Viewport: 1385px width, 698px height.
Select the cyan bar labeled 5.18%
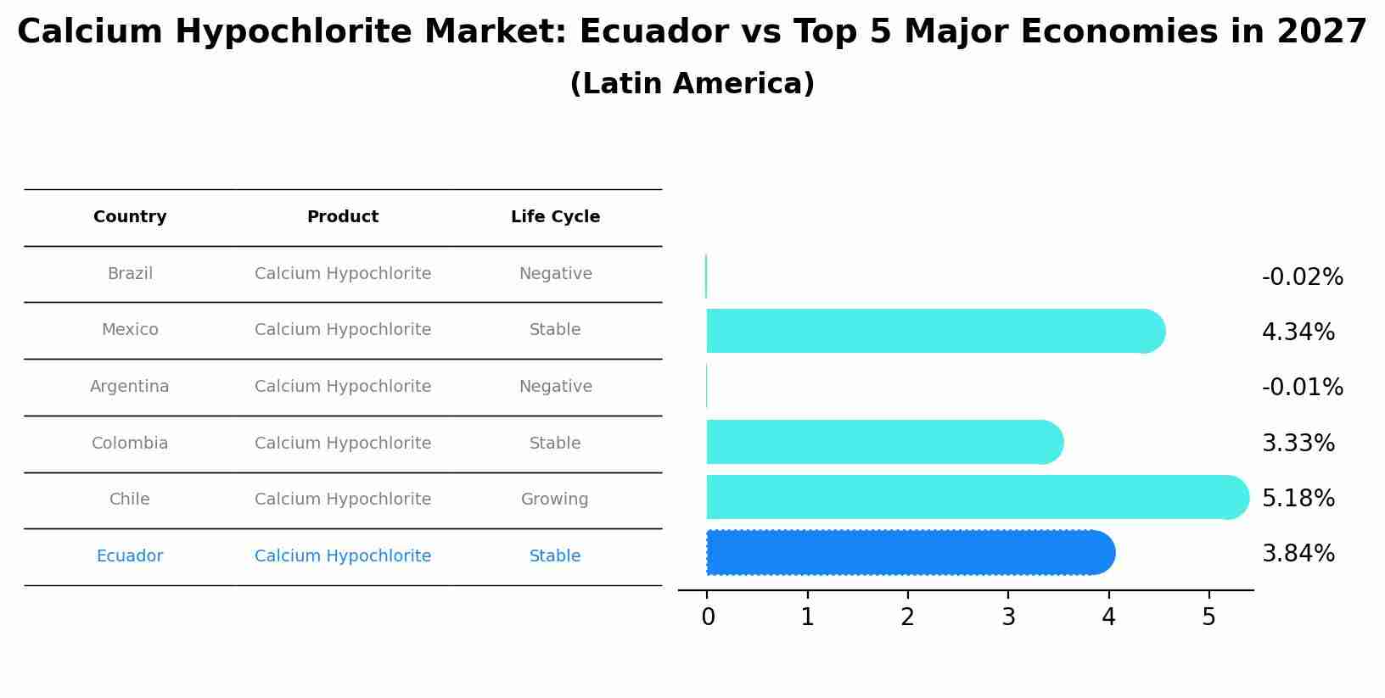[976, 498]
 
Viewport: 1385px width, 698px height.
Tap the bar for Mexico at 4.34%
[934, 332]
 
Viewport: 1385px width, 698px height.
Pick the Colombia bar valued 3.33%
[883, 443]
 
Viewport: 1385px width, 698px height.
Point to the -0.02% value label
[1302, 277]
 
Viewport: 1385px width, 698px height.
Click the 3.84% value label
[1298, 554]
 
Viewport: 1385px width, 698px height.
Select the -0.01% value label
[1302, 388]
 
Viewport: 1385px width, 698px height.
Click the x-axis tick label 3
[1008, 617]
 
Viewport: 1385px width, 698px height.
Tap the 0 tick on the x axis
[708, 617]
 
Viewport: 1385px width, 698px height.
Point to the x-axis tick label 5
[1208, 617]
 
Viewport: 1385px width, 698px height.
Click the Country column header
[130, 217]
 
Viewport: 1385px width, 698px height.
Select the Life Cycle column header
[555, 217]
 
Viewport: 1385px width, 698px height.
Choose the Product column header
[343, 217]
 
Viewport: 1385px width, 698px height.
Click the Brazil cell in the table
[130, 274]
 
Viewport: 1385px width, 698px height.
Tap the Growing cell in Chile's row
[554, 500]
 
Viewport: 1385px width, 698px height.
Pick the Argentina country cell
[130, 387]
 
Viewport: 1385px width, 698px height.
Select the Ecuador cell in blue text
[130, 556]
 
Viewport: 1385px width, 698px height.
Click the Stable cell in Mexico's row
[555, 330]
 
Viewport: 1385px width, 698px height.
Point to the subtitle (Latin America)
[692, 84]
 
